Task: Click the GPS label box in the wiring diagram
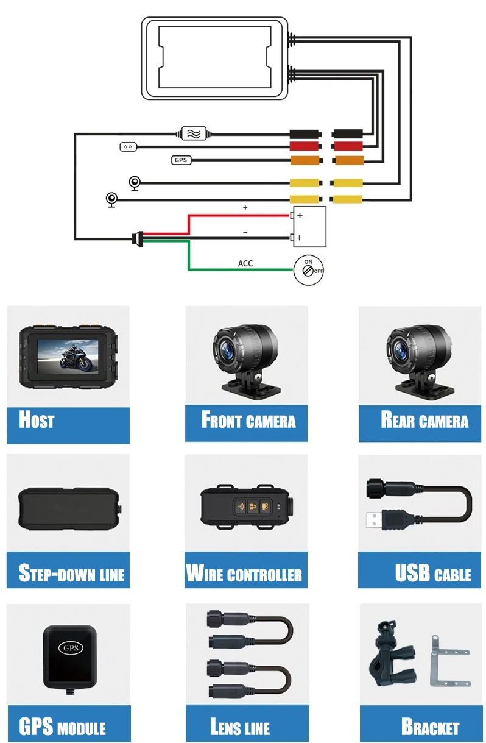[181, 160]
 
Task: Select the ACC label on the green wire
[245, 263]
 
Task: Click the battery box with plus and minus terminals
[309, 226]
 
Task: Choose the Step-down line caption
[71, 574]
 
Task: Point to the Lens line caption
[240, 727]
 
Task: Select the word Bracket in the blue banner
[430, 727]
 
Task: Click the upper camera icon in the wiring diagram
[135, 182]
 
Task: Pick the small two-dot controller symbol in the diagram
[128, 146]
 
